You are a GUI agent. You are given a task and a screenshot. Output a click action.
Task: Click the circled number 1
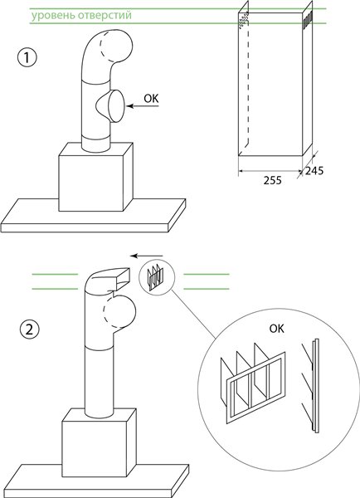27,58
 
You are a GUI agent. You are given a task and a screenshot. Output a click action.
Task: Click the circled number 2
29,330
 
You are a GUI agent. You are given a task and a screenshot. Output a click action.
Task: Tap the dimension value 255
272,180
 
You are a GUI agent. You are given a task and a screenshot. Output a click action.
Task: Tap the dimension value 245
314,171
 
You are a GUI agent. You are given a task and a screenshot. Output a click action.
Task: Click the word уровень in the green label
51,16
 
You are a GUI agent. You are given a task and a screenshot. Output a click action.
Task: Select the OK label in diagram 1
151,99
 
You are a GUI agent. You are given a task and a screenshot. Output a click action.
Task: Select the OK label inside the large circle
277,329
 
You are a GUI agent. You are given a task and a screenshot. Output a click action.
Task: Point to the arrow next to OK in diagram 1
143,106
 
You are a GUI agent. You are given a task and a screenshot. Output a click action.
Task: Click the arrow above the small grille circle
147,256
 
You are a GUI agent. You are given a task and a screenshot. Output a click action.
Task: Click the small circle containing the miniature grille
157,277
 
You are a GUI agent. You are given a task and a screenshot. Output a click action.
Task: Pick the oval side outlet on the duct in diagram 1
115,106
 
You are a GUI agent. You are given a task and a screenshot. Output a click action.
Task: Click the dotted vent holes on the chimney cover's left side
243,21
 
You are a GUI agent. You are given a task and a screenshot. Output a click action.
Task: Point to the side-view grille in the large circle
310,386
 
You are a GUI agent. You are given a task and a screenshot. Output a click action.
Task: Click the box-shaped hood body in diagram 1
95,178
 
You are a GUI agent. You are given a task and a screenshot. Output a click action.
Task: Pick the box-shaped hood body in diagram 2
99,442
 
